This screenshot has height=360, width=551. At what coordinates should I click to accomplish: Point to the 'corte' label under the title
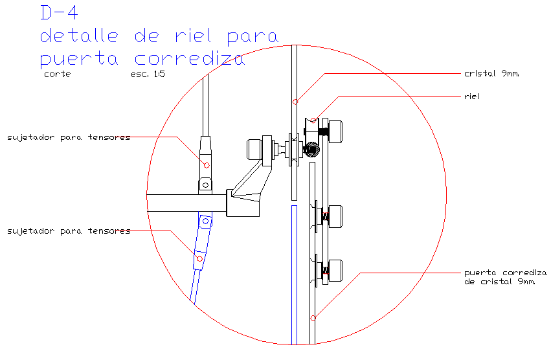(57, 74)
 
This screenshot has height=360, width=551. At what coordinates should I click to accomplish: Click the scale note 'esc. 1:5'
(148, 74)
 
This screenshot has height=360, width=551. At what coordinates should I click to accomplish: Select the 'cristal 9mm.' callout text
(492, 73)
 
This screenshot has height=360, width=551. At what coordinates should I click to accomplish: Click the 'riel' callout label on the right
(471, 96)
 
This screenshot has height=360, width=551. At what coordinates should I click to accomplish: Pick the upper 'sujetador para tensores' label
(69, 137)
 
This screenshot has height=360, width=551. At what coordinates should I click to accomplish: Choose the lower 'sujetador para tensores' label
(69, 231)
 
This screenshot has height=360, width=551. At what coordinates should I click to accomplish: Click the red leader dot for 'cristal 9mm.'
(295, 102)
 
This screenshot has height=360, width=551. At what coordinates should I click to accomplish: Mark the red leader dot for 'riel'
(314, 120)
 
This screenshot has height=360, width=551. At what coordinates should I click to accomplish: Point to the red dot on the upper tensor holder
(207, 165)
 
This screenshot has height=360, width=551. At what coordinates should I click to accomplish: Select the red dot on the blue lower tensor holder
(199, 259)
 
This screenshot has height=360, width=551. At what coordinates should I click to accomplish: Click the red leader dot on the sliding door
(313, 318)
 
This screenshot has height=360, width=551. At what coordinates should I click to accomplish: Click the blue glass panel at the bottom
(293, 278)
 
